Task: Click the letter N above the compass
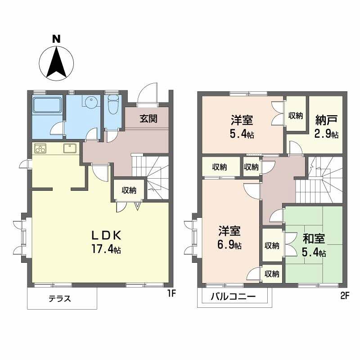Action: pyautogui.click(x=56, y=39)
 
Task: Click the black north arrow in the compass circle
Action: pyautogui.click(x=56, y=62)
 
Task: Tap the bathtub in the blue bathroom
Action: pyautogui.click(x=47, y=105)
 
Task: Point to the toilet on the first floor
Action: pyautogui.click(x=112, y=104)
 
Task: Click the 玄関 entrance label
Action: pyautogui.click(x=148, y=119)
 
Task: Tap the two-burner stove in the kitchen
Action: pyautogui.click(x=40, y=148)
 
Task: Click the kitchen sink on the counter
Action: pyautogui.click(x=70, y=148)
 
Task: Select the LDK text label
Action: pyautogui.click(x=106, y=235)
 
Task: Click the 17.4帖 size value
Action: pyautogui.click(x=106, y=248)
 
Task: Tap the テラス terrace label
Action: pyautogui.click(x=60, y=299)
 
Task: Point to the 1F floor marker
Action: pyautogui.click(x=171, y=293)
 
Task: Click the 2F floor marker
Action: pyautogui.click(x=345, y=296)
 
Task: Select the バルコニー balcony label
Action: pyautogui.click(x=233, y=297)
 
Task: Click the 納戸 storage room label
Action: pyautogui.click(x=326, y=120)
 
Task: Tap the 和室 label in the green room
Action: pyautogui.click(x=314, y=239)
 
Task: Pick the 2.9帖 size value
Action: pyautogui.click(x=326, y=134)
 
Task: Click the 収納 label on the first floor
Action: pyautogui.click(x=129, y=190)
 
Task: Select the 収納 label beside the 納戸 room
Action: pyautogui.click(x=296, y=116)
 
